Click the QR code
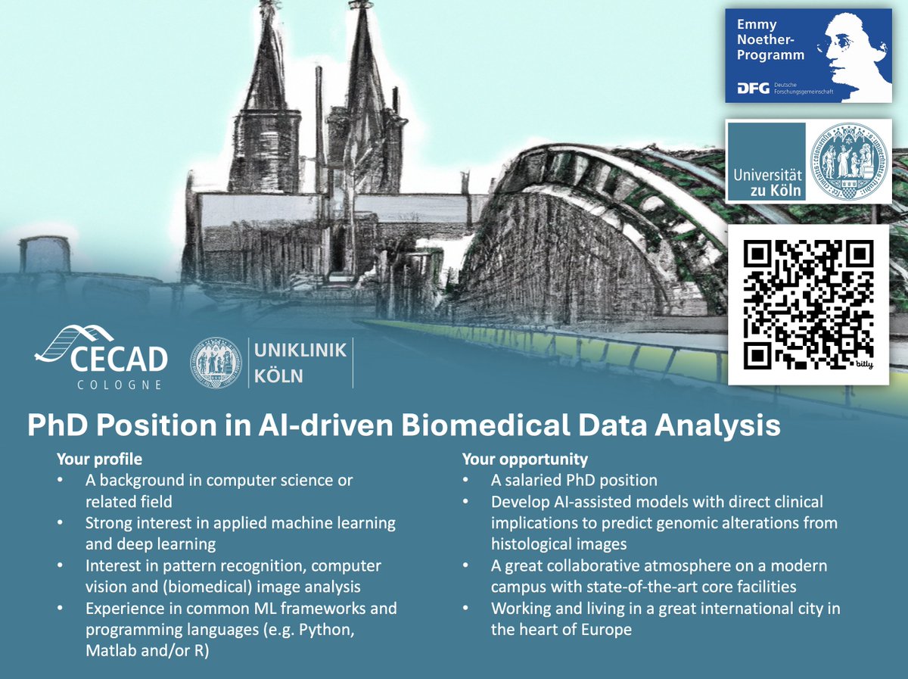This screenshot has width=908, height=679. coord(808,304)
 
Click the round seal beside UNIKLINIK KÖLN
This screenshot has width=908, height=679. coord(216,363)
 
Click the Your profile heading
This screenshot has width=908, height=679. coord(99,459)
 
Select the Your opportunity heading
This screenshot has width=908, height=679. coord(524,459)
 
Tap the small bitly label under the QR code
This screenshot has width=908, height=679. coord(863,365)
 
